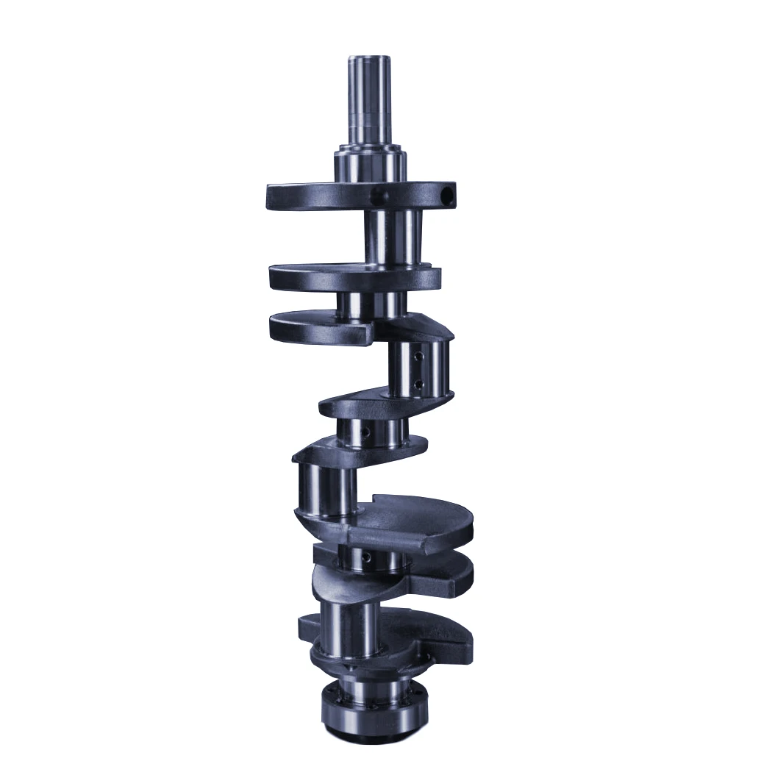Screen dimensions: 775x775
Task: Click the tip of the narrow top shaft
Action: (370, 59)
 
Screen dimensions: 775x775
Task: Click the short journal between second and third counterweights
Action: (371, 303)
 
